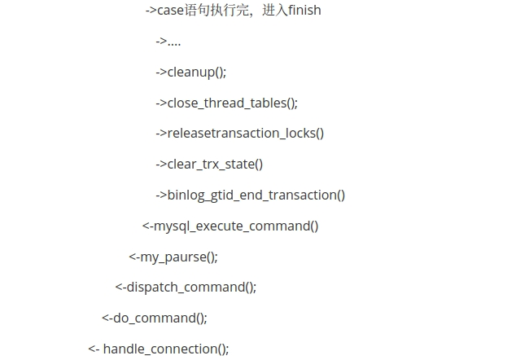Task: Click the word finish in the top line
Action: [304, 11]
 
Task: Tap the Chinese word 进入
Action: [274, 11]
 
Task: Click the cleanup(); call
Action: [197, 72]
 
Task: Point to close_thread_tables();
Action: [233, 103]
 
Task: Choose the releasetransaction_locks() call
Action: [246, 133]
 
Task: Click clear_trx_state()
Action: [215, 164]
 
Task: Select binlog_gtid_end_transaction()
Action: [256, 195]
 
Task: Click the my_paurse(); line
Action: [179, 257]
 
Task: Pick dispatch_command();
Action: [191, 287]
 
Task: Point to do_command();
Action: [160, 318]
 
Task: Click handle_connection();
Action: [166, 349]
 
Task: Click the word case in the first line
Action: [170, 11]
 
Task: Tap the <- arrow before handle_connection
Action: [94, 349]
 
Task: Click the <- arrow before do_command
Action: [107, 318]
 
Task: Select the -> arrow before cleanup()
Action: [161, 72]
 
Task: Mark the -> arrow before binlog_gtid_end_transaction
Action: [161, 195]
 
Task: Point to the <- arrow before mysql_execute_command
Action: [147, 226]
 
